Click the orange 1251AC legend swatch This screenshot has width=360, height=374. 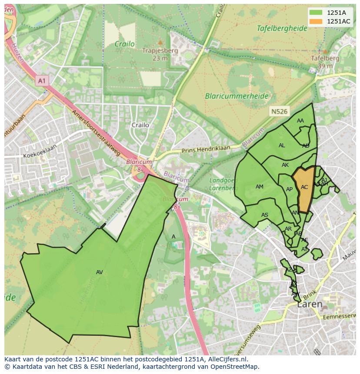[x=316, y=21]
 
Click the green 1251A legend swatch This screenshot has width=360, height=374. [x=316, y=13]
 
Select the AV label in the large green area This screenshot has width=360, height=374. [x=100, y=272]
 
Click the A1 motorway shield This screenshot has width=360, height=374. [x=42, y=81]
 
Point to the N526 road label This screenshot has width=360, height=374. [x=279, y=112]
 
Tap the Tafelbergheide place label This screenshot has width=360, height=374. [x=281, y=28]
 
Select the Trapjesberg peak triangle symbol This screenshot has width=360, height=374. [x=160, y=43]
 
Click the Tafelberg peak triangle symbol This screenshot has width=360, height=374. [x=325, y=51]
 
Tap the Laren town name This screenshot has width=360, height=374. [x=310, y=304]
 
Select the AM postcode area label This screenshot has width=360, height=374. [x=260, y=187]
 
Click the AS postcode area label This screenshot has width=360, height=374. [x=265, y=215]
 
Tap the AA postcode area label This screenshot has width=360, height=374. [x=300, y=121]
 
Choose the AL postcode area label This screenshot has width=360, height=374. [x=282, y=146]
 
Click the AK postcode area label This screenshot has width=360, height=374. [x=285, y=165]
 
